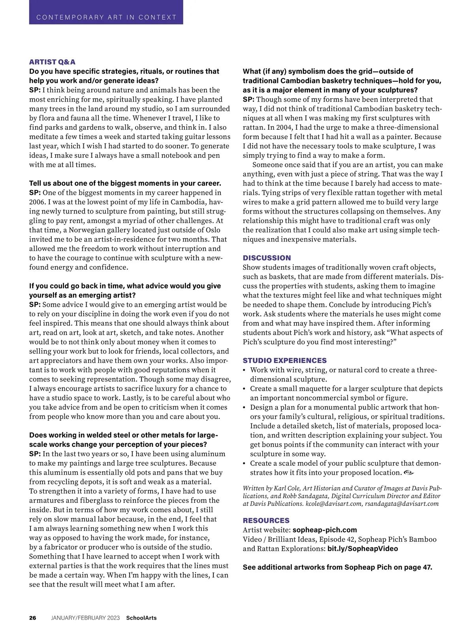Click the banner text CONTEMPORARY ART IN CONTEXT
coord(106,17)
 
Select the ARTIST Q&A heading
coord(52,62)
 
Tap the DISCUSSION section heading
coord(267,258)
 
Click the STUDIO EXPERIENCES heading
coord(284,361)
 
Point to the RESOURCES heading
coord(266,521)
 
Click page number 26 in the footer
coord(32,618)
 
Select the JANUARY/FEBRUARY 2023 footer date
coord(85,618)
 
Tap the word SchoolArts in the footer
coord(141,618)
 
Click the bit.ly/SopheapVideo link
coord(362,549)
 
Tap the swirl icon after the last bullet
coord(409,472)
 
